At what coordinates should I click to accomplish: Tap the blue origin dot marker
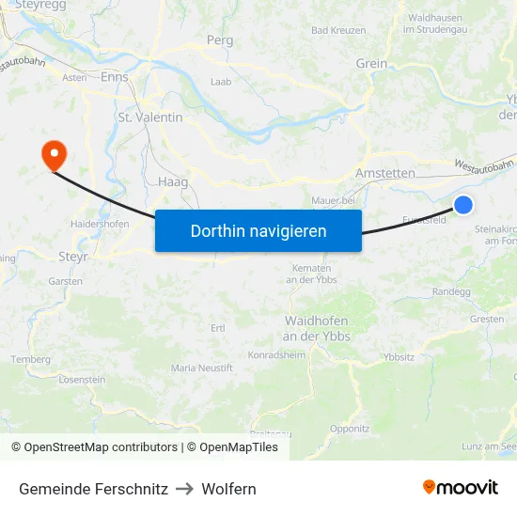463,205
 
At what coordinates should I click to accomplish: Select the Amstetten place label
385,174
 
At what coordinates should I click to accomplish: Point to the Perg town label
219,41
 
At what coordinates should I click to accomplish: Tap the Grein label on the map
371,64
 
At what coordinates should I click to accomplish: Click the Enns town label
115,79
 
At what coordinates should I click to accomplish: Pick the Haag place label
173,181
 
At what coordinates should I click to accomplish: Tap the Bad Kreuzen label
338,30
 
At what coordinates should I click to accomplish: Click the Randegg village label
451,291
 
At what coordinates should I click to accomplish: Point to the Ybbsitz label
399,357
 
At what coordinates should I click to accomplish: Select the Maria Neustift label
202,368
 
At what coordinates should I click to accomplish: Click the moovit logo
461,487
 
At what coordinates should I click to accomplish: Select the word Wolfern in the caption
227,489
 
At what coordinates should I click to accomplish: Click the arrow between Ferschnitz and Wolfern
184,489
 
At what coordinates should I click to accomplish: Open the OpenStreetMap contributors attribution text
97,447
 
